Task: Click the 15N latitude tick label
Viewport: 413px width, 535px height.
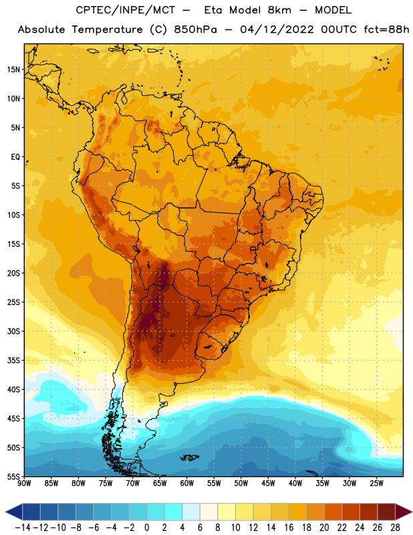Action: (13, 70)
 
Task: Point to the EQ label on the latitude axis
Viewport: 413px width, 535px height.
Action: (15, 157)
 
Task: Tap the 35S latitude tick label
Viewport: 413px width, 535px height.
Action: (13, 360)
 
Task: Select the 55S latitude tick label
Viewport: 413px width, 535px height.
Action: (13, 477)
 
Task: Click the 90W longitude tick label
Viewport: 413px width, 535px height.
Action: (25, 484)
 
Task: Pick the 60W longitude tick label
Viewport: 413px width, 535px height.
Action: (187, 484)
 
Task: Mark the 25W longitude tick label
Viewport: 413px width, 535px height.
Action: (376, 484)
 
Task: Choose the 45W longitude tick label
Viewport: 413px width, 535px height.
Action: (268, 484)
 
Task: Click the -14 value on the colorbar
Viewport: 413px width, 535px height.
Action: (23, 528)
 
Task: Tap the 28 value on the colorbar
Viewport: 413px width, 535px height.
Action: (395, 528)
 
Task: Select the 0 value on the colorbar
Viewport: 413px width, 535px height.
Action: (147, 528)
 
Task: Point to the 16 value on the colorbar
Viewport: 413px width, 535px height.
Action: (289, 528)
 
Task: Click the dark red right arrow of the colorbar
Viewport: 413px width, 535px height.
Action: (403, 512)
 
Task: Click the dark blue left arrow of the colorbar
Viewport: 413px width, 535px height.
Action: (14, 512)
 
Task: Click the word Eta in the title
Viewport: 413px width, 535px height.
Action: (213, 10)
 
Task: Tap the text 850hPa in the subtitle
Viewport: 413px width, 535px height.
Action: (195, 29)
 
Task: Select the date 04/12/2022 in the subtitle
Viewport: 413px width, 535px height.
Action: (277, 29)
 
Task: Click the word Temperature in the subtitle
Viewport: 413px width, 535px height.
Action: (107, 29)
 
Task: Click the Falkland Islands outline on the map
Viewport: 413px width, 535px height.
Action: (189, 457)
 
